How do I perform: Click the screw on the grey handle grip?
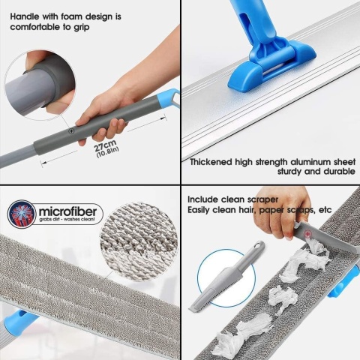tap(72, 130)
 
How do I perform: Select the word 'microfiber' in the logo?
tap(67, 211)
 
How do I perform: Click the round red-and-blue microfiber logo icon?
tap(22, 214)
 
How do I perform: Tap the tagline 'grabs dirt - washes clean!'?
tap(67, 220)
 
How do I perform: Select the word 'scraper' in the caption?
tap(262, 199)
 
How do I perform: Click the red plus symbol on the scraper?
tap(308, 234)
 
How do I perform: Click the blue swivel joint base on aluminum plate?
tap(272, 65)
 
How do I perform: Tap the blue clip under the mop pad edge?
tap(18, 323)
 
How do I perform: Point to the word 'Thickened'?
tap(211, 162)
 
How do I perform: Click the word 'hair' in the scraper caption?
tap(245, 210)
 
